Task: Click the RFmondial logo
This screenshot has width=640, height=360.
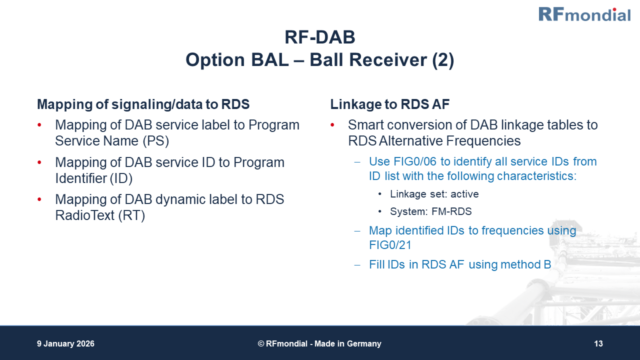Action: [584, 14]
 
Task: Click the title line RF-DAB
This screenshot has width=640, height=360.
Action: [319, 37]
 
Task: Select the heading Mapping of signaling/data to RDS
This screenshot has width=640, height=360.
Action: [143, 104]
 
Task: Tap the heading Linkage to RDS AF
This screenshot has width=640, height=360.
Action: [389, 104]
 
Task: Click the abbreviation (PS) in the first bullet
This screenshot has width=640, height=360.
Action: [156, 141]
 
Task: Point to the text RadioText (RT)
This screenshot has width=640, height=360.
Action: [100, 216]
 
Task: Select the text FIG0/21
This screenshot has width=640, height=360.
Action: [389, 244]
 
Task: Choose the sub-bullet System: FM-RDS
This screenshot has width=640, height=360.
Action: [430, 211]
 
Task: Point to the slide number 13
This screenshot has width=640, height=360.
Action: [598, 344]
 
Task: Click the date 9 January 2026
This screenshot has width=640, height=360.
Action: [65, 344]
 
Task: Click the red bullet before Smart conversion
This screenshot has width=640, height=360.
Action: [333, 125]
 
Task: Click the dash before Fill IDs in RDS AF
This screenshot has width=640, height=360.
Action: [357, 264]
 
